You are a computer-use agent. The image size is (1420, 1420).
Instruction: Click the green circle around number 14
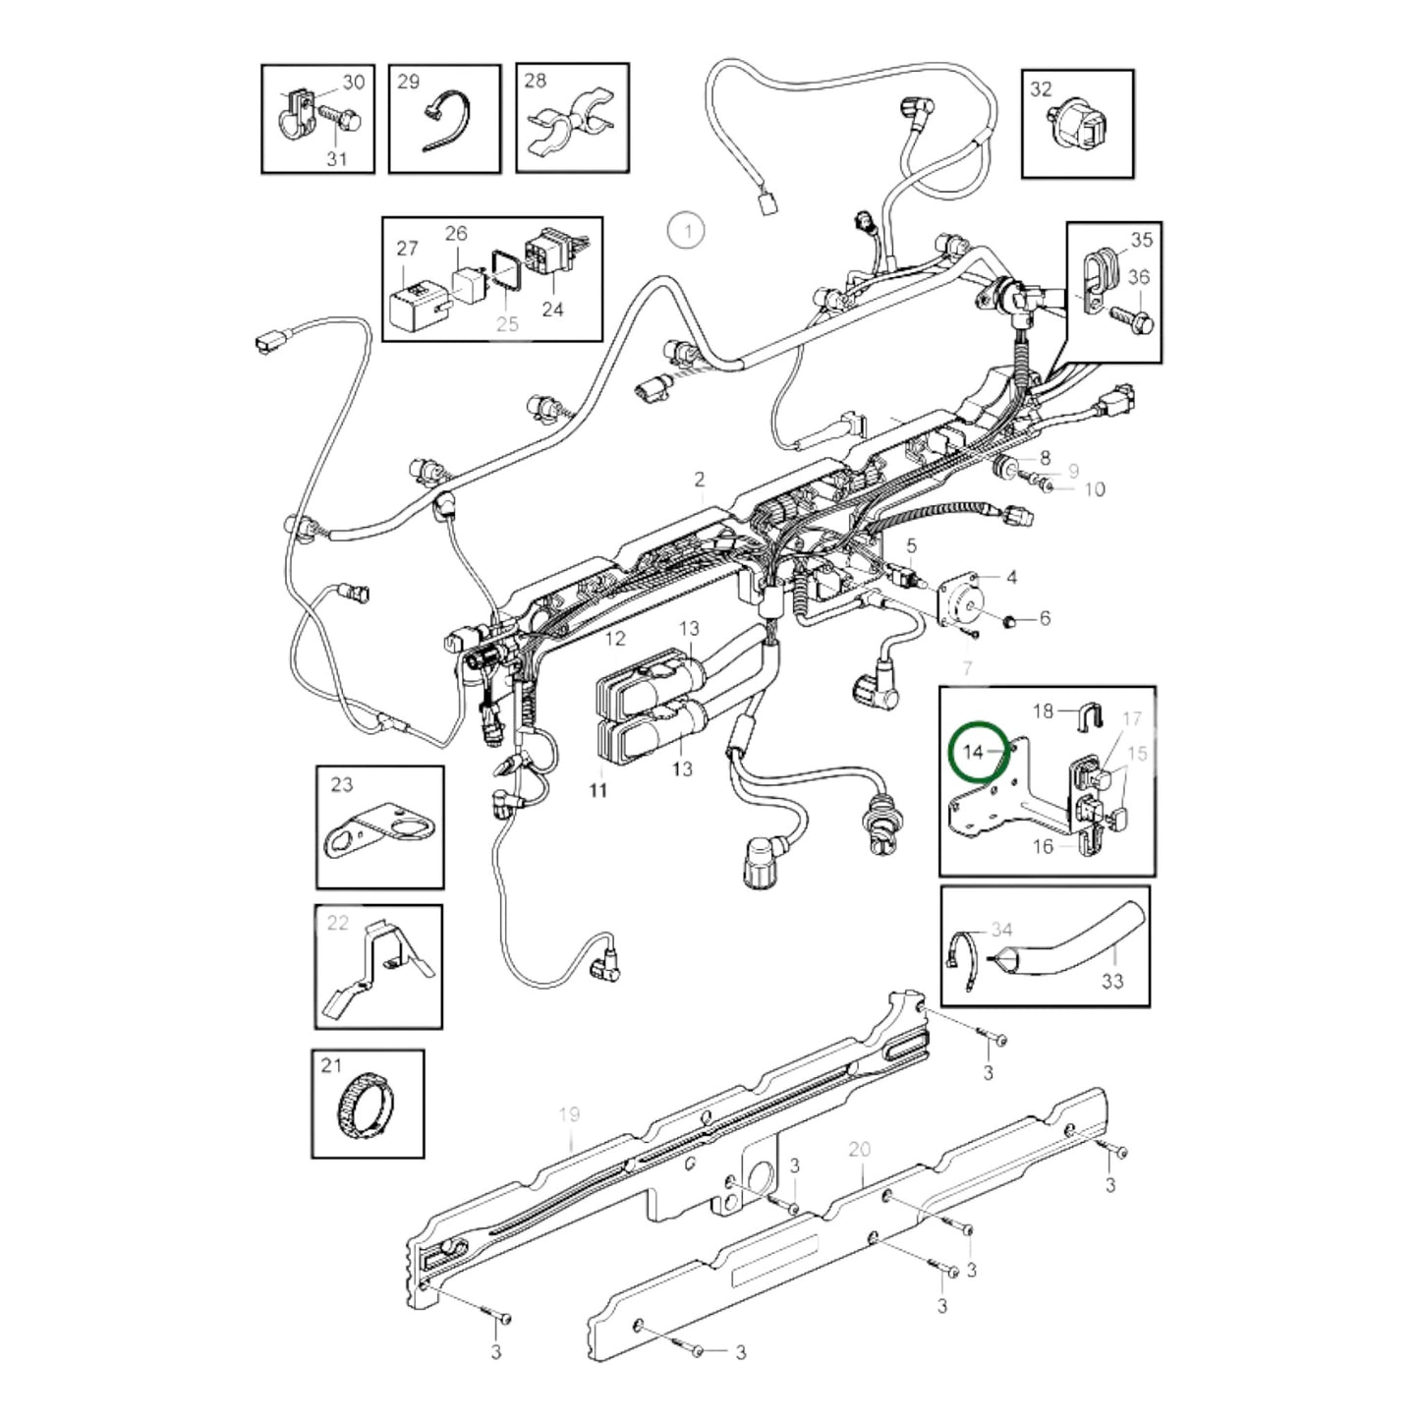[x=979, y=752]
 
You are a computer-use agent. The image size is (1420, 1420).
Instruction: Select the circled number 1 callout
[x=687, y=232]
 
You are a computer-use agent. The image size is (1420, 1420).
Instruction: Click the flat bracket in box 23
[x=379, y=830]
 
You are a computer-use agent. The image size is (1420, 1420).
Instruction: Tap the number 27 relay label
[x=407, y=250]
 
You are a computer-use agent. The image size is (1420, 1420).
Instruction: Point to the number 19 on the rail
[x=569, y=1114]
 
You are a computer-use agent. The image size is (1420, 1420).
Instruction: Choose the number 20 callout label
[x=859, y=1149]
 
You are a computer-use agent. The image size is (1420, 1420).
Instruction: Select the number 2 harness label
[x=699, y=480]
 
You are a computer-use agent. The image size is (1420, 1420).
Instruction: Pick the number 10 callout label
[x=1094, y=488]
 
